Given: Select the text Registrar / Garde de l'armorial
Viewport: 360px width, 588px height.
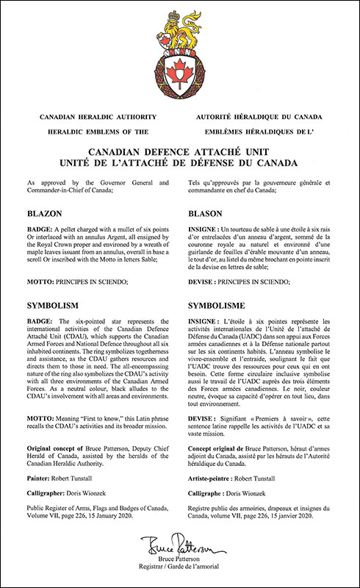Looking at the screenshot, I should point(180,570).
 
